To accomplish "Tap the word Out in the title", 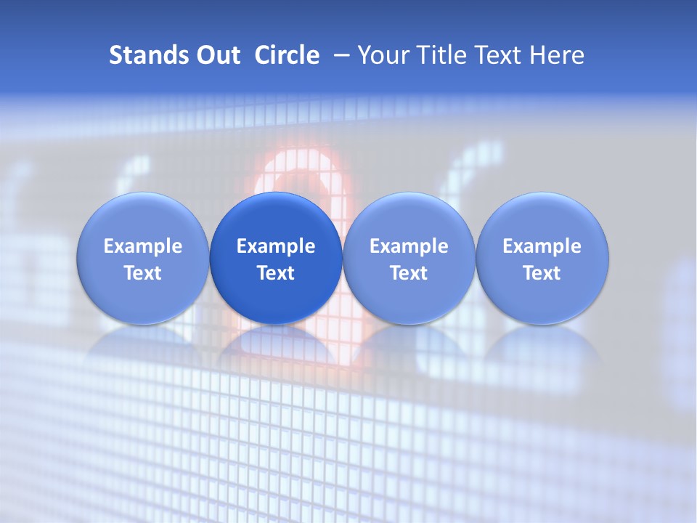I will coord(218,55).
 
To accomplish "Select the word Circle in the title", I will coord(287,55).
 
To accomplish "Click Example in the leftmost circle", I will coord(143,246).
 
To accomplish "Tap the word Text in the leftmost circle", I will coord(143,273).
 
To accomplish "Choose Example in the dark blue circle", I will coord(276,246).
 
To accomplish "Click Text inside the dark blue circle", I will coord(276,273).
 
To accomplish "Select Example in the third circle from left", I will coord(409,246).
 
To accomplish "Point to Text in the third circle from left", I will coord(409,273).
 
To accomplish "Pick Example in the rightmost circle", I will coord(542,246).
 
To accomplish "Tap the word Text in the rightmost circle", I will coord(542,273).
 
